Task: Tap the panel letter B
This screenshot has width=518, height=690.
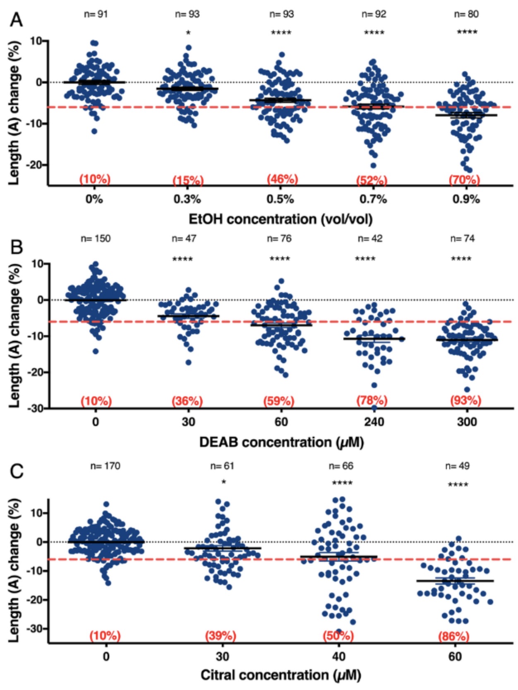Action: pyautogui.click(x=16, y=247)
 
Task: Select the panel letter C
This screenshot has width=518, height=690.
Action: pyautogui.click(x=16, y=471)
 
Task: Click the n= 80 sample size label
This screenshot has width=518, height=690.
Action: pyautogui.click(x=466, y=14)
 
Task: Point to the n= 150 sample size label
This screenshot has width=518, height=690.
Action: pyautogui.click(x=96, y=239)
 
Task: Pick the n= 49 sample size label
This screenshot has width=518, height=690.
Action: pyautogui.click(x=457, y=466)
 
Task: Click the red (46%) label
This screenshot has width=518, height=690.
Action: pyautogui.click(x=282, y=179)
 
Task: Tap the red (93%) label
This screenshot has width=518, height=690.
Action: pyautogui.click(x=465, y=400)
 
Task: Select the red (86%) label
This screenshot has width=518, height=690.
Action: pyautogui.click(x=454, y=636)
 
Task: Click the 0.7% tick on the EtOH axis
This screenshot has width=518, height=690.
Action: pyautogui.click(x=373, y=199)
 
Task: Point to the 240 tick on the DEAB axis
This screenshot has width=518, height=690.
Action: pyautogui.click(x=374, y=422)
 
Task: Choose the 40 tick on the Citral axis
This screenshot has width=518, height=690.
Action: pyautogui.click(x=338, y=656)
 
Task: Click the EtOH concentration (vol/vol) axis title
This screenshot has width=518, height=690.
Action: pyautogui.click(x=281, y=219)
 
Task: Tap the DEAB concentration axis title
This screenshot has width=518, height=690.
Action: pyautogui.click(x=281, y=442)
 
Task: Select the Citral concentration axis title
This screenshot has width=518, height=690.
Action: pyautogui.click(x=281, y=675)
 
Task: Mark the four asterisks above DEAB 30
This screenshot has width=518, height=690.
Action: pyautogui.click(x=182, y=259)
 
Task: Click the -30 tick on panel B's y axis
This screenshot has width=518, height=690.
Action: pyautogui.click(x=36, y=408)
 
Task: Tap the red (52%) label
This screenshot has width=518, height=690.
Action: pyautogui.click(x=372, y=180)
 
